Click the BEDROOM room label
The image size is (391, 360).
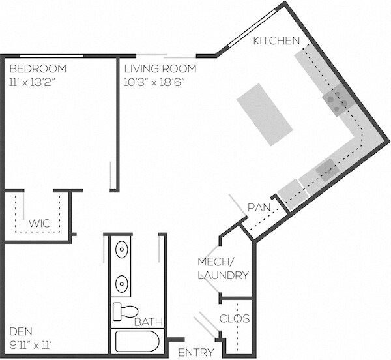(38, 68)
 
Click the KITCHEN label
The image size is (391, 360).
(277, 40)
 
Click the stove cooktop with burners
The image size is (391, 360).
(337, 100)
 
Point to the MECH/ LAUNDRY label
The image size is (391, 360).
(223, 269)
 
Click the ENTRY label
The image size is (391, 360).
(195, 353)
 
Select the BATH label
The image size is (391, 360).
(148, 322)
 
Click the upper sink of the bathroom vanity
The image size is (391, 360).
(122, 248)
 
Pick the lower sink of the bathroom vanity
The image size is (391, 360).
(122, 283)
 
